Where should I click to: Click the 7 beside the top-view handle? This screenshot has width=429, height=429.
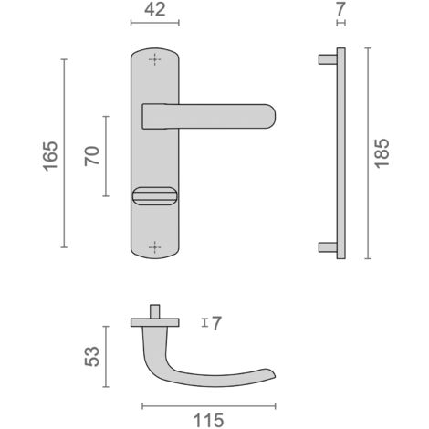[x=216, y=323]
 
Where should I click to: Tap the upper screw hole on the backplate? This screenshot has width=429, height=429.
[x=154, y=59]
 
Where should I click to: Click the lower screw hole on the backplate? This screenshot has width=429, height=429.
[x=154, y=246]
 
